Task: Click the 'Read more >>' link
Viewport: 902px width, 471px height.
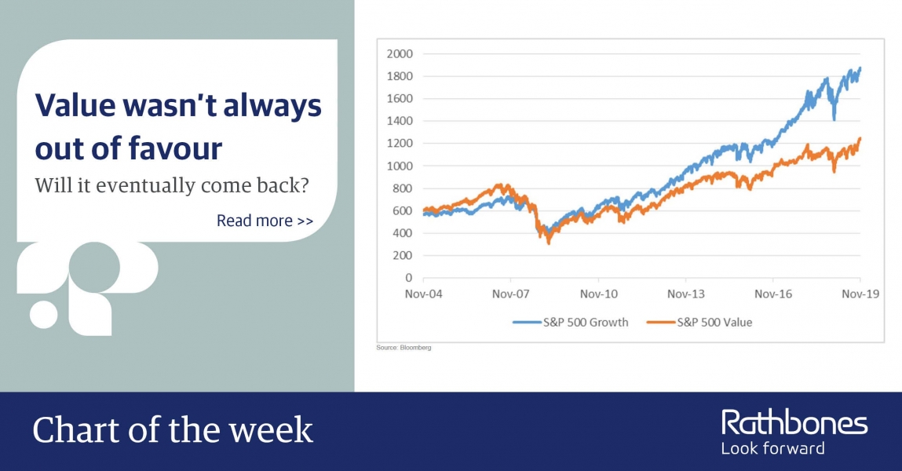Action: click(265, 221)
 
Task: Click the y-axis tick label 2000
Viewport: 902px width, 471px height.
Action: click(400, 53)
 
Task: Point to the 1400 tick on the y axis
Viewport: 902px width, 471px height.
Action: click(400, 121)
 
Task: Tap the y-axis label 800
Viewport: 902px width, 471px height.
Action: click(403, 188)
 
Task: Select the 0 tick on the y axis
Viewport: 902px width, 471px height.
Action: click(409, 278)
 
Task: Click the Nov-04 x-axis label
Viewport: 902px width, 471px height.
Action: click(424, 294)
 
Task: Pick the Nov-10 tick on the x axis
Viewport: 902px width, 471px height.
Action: click(599, 294)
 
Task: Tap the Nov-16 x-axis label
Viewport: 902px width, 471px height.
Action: click(773, 294)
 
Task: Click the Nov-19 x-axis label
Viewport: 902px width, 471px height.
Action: click(860, 294)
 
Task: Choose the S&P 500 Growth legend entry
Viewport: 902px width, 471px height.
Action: click(571, 323)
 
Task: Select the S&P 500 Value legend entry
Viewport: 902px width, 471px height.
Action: click(699, 323)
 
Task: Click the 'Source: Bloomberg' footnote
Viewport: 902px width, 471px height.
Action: click(404, 347)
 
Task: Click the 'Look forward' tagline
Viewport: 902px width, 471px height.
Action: click(773, 448)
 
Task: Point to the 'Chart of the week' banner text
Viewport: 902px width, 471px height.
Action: click(173, 430)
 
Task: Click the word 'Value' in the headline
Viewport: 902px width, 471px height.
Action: click(75, 106)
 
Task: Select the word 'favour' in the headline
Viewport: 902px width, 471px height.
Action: click(175, 148)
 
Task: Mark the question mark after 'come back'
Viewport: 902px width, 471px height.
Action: click(305, 185)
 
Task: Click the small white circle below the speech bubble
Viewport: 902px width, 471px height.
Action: click(44, 314)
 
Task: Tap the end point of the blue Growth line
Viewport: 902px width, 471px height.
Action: click(860, 68)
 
